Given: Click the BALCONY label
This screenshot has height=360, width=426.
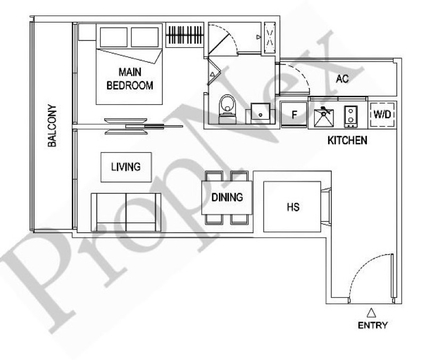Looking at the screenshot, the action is pyautogui.click(x=52, y=126).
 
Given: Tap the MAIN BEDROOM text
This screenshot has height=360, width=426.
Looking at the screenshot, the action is pyautogui.click(x=130, y=79).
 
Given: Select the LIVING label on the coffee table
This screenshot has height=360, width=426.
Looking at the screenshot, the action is pyautogui.click(x=126, y=167).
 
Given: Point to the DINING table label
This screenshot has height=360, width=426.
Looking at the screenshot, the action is pyautogui.click(x=227, y=197).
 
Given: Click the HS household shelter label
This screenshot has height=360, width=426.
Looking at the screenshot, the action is pyautogui.click(x=293, y=207).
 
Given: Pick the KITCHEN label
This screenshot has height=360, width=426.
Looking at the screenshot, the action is pyautogui.click(x=347, y=141).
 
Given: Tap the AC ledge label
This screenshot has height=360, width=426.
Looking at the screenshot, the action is pyautogui.click(x=342, y=79).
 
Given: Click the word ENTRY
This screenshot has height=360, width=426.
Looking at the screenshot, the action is pyautogui.click(x=373, y=325).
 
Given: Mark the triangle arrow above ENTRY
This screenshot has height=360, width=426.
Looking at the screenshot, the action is pyautogui.click(x=371, y=313).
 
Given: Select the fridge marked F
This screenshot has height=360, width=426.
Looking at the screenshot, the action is pyautogui.click(x=294, y=114).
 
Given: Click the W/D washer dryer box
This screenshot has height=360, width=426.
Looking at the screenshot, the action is pyautogui.click(x=382, y=114).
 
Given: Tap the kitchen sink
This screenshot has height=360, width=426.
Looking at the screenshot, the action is pyautogui.click(x=324, y=117).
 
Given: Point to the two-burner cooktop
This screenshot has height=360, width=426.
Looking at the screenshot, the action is pyautogui.click(x=351, y=116).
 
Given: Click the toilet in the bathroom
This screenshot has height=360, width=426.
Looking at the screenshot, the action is pyautogui.click(x=227, y=109).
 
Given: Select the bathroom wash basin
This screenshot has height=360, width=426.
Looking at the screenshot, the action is pyautogui.click(x=260, y=113).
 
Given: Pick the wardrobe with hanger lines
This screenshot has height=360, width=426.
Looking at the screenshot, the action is pyautogui.click(x=185, y=35).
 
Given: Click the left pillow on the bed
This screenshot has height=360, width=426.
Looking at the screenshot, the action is pyautogui.click(x=113, y=37).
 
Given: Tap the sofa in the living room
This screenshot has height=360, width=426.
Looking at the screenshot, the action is pyautogui.click(x=126, y=212).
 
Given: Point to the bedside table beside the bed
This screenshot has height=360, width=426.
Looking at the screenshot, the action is pyautogui.click(x=87, y=32).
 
